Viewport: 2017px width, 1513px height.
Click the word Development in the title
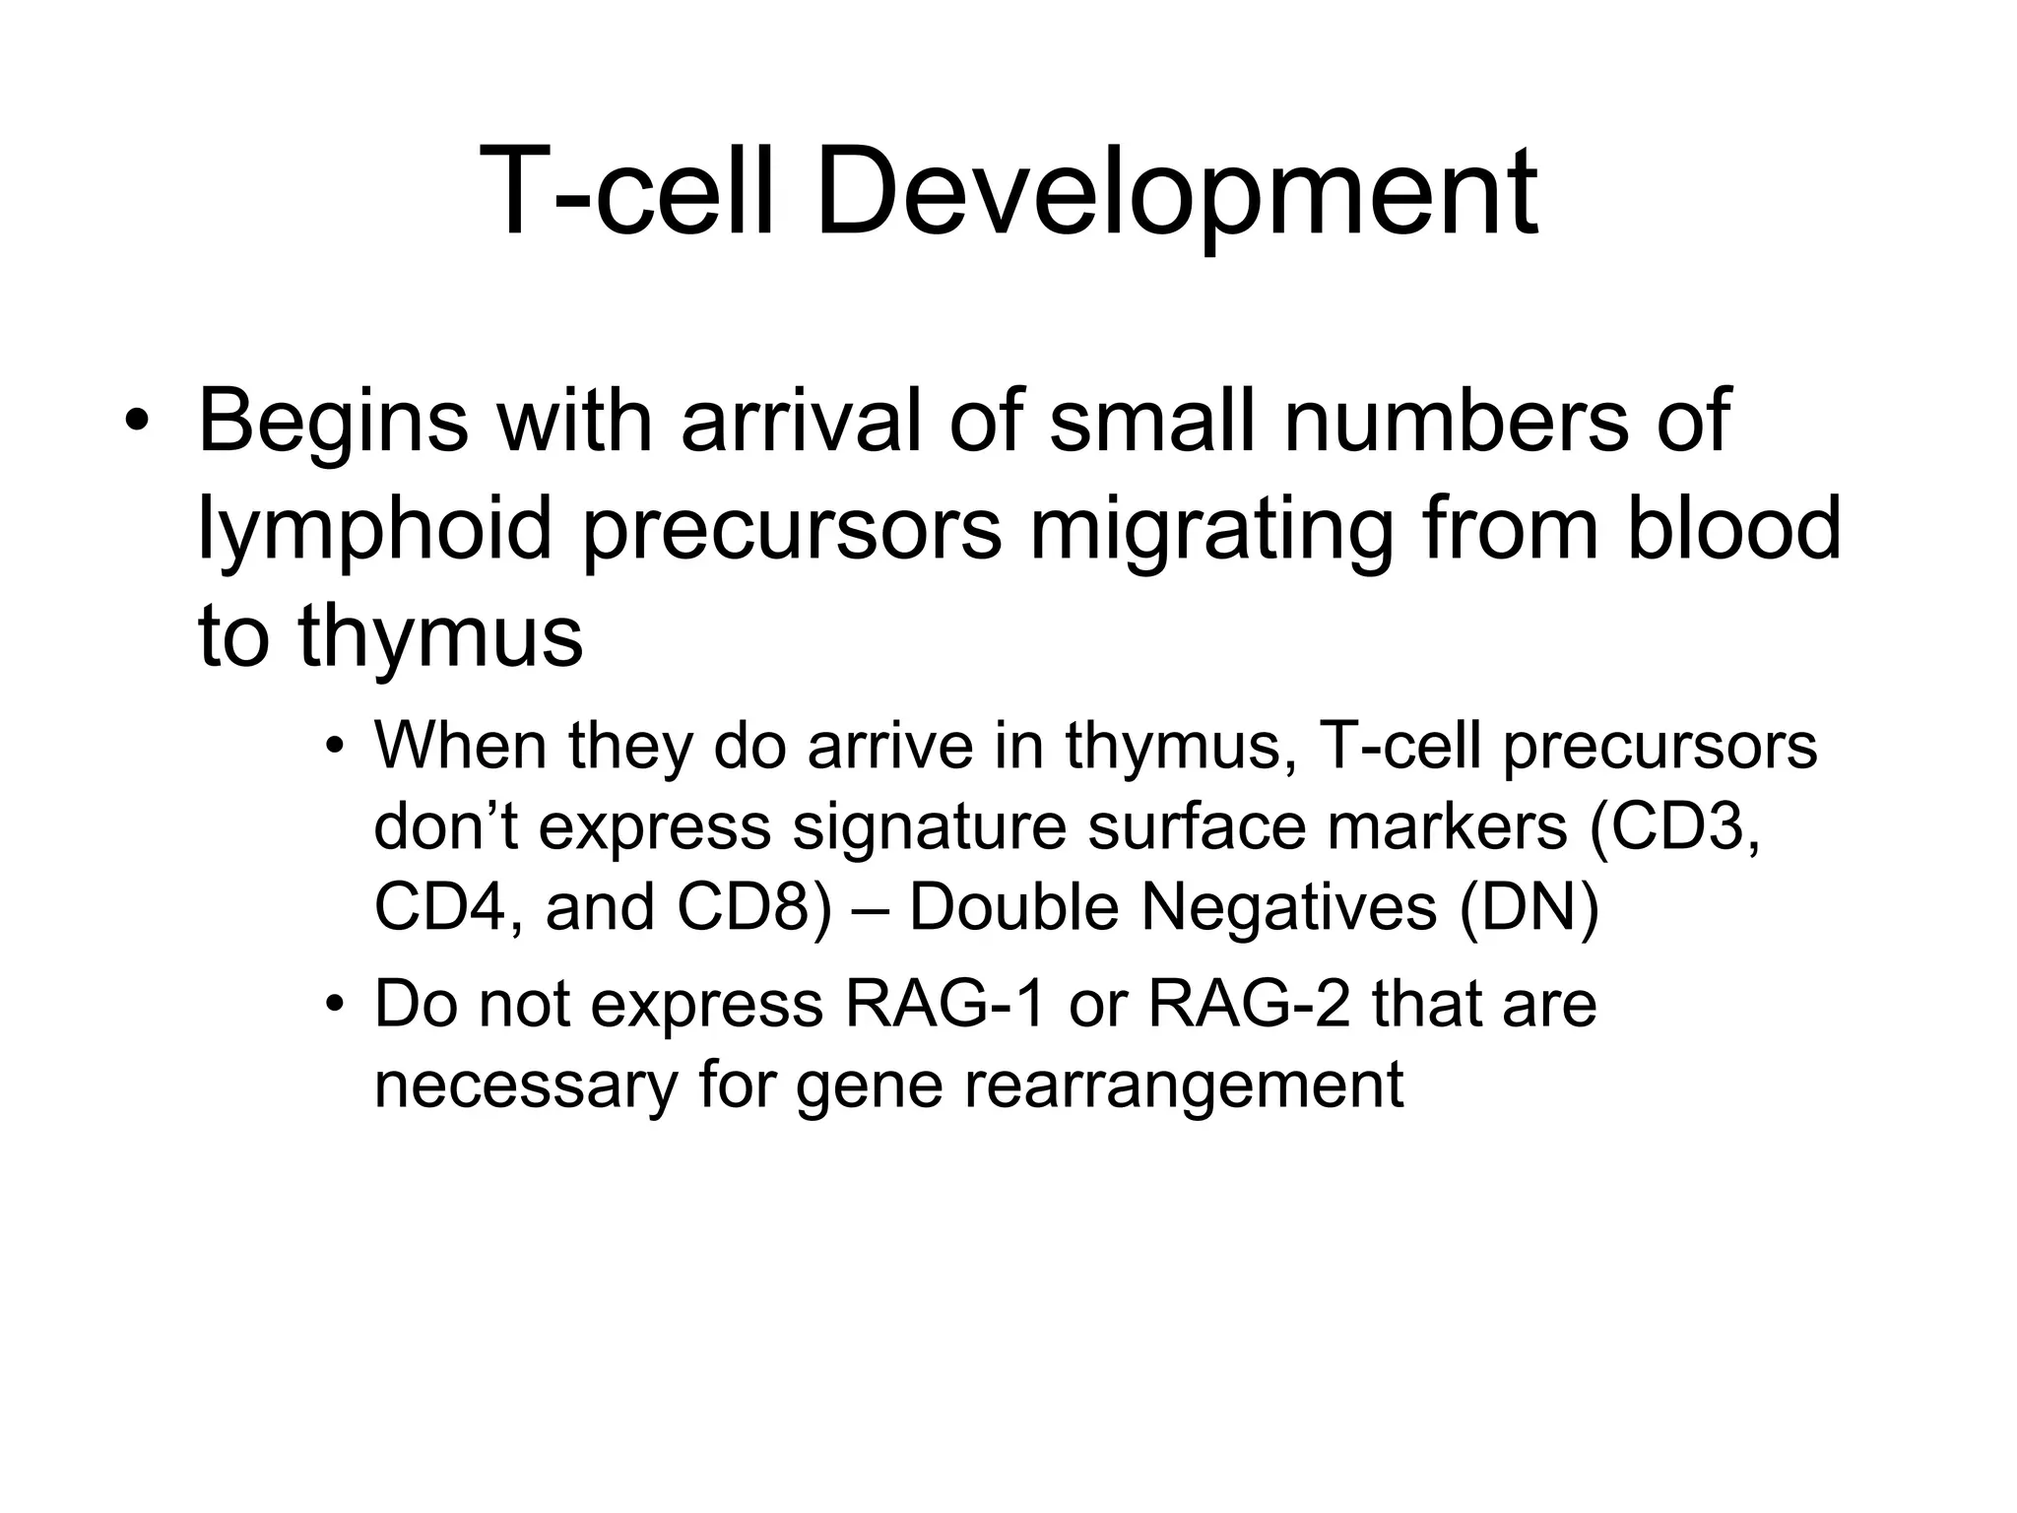click(x=1176, y=192)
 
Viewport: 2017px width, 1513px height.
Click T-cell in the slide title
click(x=629, y=192)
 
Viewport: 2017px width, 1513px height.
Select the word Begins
click(x=333, y=424)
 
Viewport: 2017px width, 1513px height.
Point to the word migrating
click(x=1210, y=532)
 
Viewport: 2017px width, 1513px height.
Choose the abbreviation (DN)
click(x=1529, y=906)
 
